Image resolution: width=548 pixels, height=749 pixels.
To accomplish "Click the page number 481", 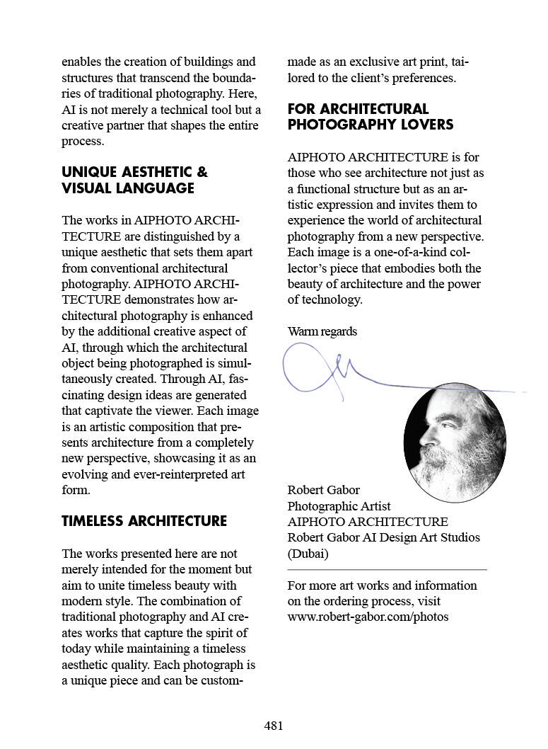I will (x=274, y=726).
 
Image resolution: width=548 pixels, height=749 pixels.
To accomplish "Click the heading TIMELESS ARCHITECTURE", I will (x=144, y=521).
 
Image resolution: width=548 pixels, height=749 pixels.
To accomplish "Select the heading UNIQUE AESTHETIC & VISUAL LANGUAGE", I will (x=134, y=181).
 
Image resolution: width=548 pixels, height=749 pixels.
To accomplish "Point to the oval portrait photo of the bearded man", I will (x=455, y=442).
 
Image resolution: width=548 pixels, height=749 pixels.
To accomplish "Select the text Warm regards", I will (x=322, y=331).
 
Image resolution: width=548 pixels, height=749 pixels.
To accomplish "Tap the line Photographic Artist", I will (x=339, y=506).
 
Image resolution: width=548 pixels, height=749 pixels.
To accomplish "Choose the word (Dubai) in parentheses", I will (x=308, y=554).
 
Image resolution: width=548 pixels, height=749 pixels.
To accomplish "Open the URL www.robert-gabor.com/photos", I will (x=368, y=617).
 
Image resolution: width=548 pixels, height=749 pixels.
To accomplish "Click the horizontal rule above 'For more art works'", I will (x=387, y=569).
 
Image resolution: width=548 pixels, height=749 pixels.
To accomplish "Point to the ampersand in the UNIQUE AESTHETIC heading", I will (x=202, y=173).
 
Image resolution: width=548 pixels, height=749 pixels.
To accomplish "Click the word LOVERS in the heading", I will (x=425, y=125).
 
